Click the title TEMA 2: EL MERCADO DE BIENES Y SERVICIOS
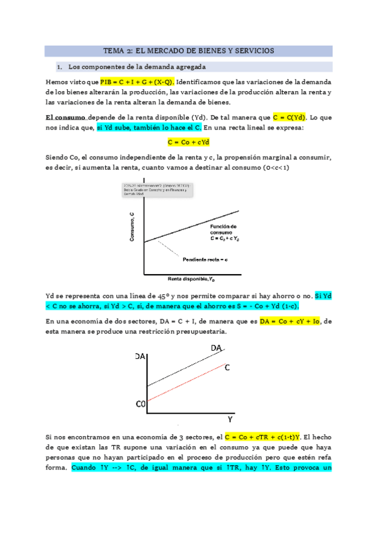click(x=189, y=51)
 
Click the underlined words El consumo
click(x=66, y=117)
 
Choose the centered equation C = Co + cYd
click(x=188, y=143)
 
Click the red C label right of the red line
click(x=227, y=366)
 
